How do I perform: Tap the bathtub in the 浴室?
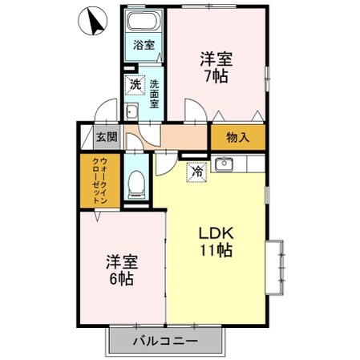click(145, 22)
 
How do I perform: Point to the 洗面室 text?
click(154, 92)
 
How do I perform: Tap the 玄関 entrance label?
click(107, 137)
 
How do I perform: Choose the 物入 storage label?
click(237, 137)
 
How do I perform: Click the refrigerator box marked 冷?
click(196, 171)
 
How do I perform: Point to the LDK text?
click(216, 233)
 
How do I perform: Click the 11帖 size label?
click(216, 251)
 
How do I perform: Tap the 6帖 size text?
click(121, 280)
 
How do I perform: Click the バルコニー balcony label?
click(165, 342)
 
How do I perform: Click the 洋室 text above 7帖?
click(216, 59)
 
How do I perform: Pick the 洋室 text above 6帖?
click(121, 261)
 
